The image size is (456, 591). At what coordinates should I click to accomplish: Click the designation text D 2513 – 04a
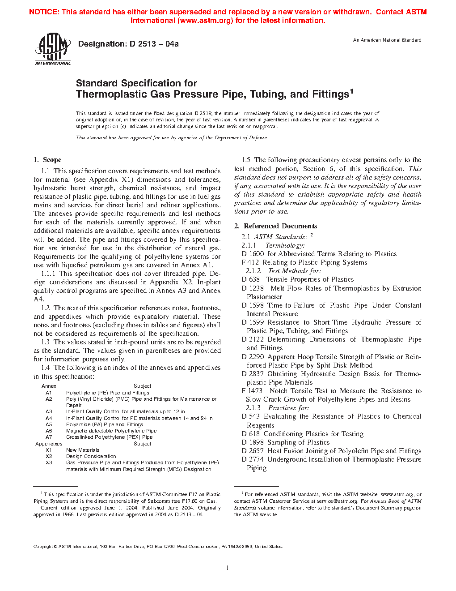(154, 44)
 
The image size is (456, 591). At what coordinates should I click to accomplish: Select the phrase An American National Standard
(387, 40)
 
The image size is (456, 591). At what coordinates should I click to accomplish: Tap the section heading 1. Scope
(47, 160)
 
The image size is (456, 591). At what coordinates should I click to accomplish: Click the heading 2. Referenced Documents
(276, 226)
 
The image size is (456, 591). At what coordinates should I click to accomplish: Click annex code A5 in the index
(49, 424)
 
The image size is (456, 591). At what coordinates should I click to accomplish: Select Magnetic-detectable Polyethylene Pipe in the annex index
(111, 431)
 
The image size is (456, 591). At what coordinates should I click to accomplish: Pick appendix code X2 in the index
(49, 456)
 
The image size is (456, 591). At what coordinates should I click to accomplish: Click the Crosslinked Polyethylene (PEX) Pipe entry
(110, 437)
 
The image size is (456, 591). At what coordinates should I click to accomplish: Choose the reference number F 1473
(252, 391)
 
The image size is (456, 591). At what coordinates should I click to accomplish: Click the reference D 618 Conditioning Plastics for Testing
(303, 434)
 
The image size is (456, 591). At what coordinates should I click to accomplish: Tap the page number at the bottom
(228, 568)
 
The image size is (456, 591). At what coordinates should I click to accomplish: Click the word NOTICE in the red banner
(43, 12)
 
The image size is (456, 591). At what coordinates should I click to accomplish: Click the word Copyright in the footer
(43, 547)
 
